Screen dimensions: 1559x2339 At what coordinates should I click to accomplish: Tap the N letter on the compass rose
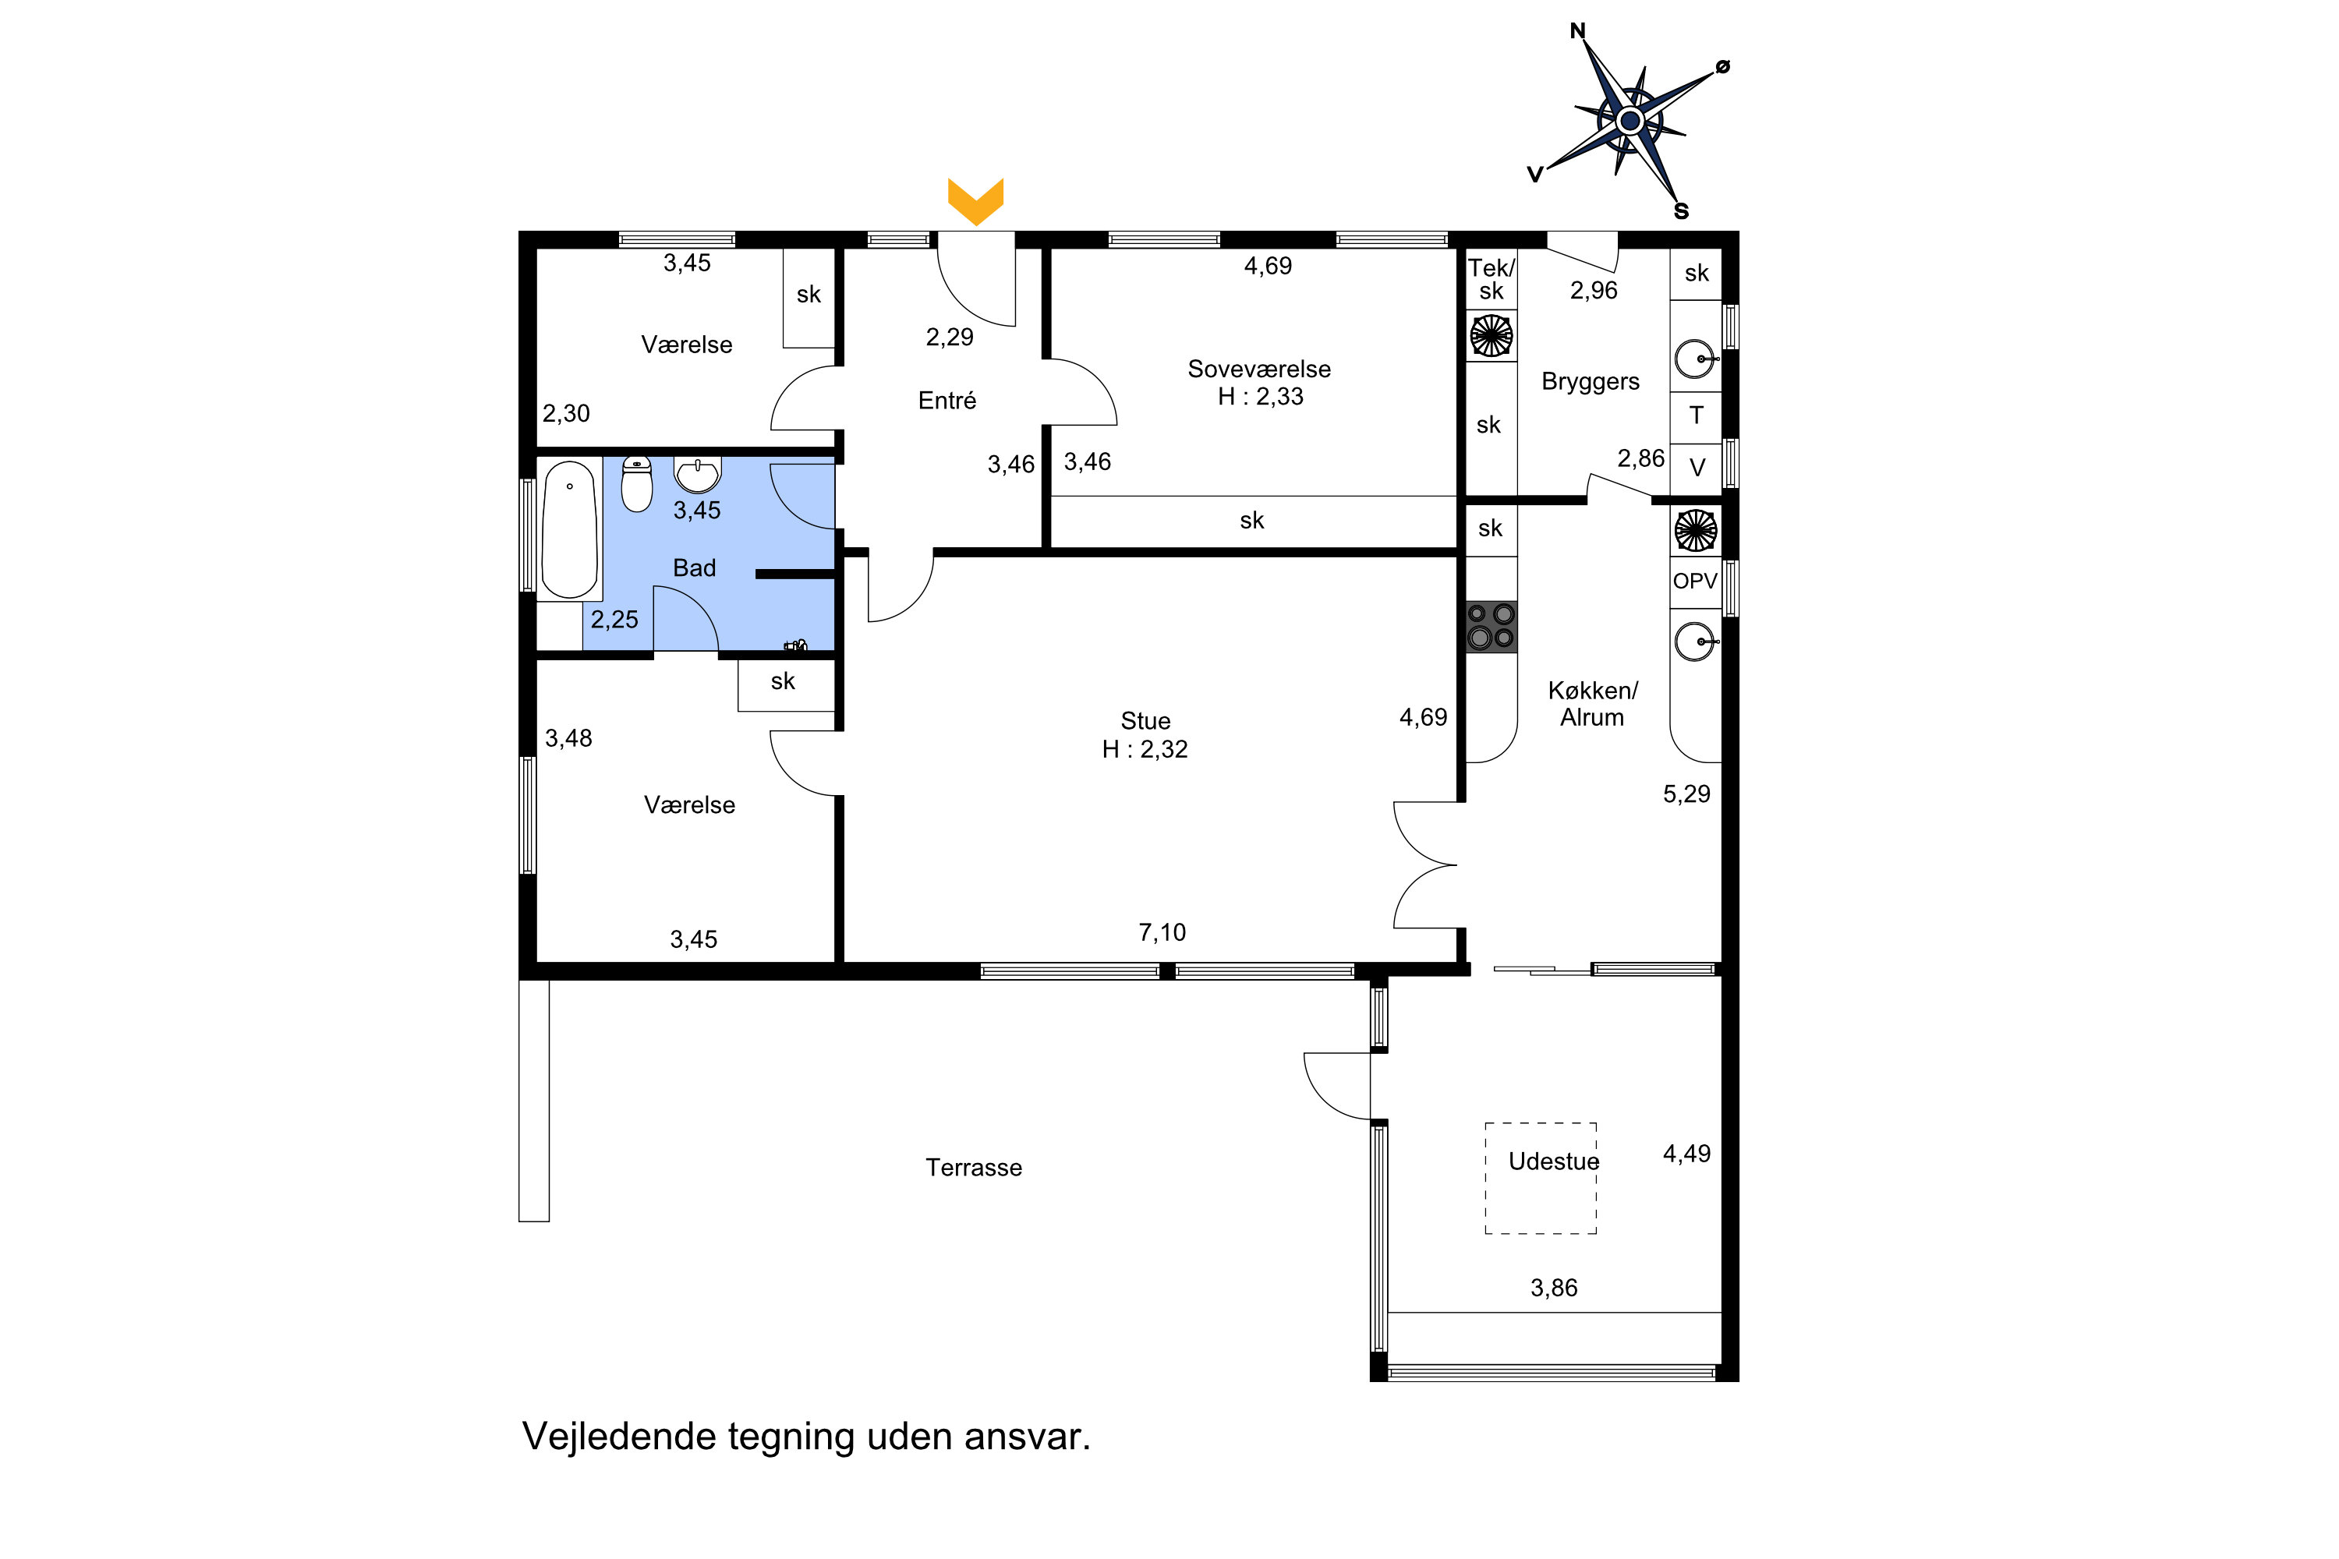(x=1577, y=31)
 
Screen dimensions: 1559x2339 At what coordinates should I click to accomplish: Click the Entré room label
(x=947, y=401)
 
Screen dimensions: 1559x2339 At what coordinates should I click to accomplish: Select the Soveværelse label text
(x=1259, y=369)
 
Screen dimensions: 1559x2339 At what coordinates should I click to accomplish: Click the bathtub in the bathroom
(x=569, y=529)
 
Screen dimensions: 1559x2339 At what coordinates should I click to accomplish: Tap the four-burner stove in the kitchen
(x=1491, y=627)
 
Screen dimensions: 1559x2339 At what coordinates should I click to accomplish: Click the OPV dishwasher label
(x=1694, y=581)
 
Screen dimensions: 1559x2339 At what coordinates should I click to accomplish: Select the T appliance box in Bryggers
(x=1696, y=415)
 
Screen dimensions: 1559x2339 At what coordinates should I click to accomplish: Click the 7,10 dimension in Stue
(x=1162, y=932)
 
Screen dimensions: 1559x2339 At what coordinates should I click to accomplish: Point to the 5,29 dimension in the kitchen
(x=1686, y=794)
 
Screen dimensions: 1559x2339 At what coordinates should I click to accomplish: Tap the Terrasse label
(x=974, y=1167)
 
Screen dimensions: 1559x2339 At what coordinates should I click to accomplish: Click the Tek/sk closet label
(x=1491, y=279)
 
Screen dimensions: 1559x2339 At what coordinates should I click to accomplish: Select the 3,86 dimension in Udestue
(x=1553, y=1288)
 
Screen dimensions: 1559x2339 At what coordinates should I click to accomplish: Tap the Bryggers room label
(x=1591, y=382)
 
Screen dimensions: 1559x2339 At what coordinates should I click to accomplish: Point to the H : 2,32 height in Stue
(x=1145, y=750)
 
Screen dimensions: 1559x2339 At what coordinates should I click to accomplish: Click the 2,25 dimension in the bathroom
(x=614, y=620)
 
